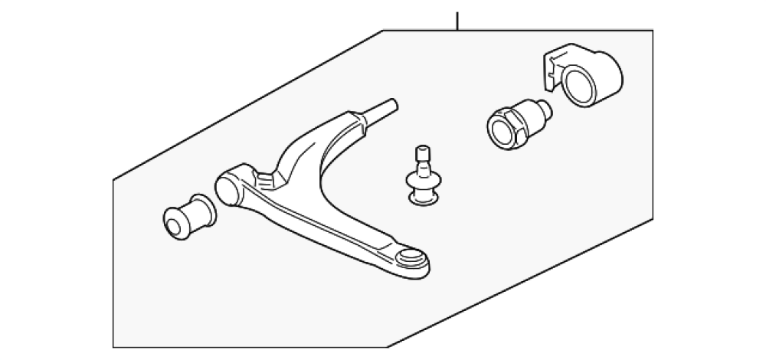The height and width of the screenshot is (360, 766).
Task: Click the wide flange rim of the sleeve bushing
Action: point(203,208)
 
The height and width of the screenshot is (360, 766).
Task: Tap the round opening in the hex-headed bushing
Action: point(502,128)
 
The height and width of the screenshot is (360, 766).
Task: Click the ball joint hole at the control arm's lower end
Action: point(411,256)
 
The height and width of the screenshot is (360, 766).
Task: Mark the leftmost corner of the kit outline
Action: point(113,181)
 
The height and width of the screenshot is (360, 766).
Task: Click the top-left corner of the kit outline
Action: point(383,31)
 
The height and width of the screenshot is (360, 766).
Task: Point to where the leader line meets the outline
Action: point(458,31)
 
